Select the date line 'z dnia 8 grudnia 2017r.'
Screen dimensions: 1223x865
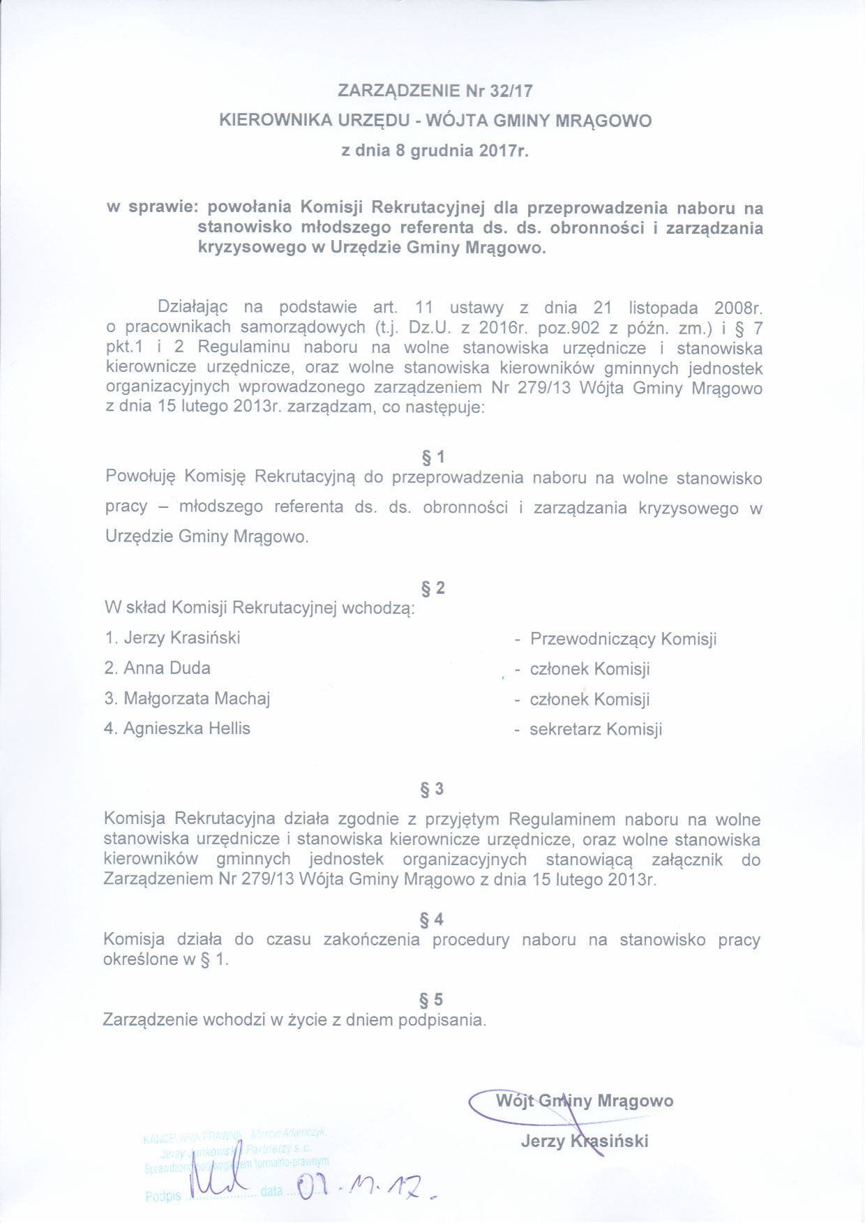[x=435, y=151]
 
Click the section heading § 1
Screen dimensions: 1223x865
[x=433, y=458]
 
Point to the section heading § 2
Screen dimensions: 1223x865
[x=433, y=588]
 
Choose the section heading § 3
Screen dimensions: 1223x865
[x=432, y=789]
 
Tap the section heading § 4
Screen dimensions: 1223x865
[x=432, y=920]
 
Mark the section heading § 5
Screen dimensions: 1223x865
[x=432, y=1000]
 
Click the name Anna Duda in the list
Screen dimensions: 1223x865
[x=167, y=668]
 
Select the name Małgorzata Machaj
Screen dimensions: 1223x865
[x=197, y=698]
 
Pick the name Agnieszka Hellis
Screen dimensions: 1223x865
[x=186, y=728]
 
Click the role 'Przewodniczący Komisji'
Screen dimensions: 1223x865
[x=623, y=639]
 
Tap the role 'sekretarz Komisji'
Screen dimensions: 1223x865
[x=596, y=730]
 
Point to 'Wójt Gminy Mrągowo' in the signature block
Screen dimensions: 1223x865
[x=584, y=1101]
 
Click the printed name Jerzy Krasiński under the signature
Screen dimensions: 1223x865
[x=584, y=1141]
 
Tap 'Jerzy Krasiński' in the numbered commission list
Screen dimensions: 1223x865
[x=181, y=638]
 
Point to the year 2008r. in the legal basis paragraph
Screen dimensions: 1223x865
[x=737, y=308]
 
